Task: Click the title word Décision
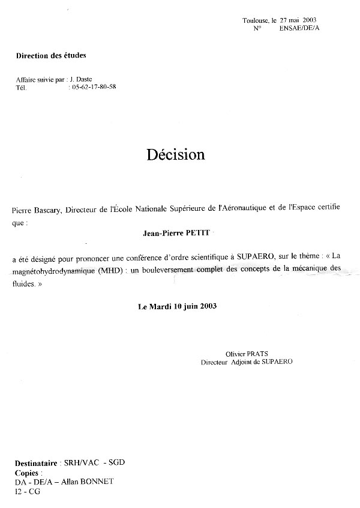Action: tap(175, 155)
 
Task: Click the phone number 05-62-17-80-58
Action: tap(94, 87)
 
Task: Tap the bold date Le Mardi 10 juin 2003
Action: tap(177, 306)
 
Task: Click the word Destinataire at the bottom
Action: tap(35, 464)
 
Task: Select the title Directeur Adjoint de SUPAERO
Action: tap(247, 363)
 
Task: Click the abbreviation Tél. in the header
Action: tap(21, 87)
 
